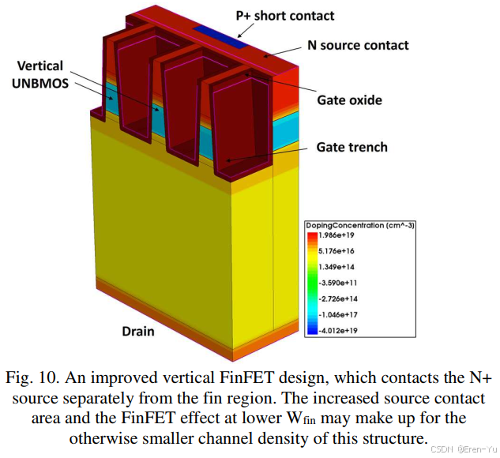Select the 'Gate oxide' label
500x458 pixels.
tap(349, 100)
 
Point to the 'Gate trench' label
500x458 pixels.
tap(352, 148)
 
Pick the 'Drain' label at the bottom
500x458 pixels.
tap(137, 331)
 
